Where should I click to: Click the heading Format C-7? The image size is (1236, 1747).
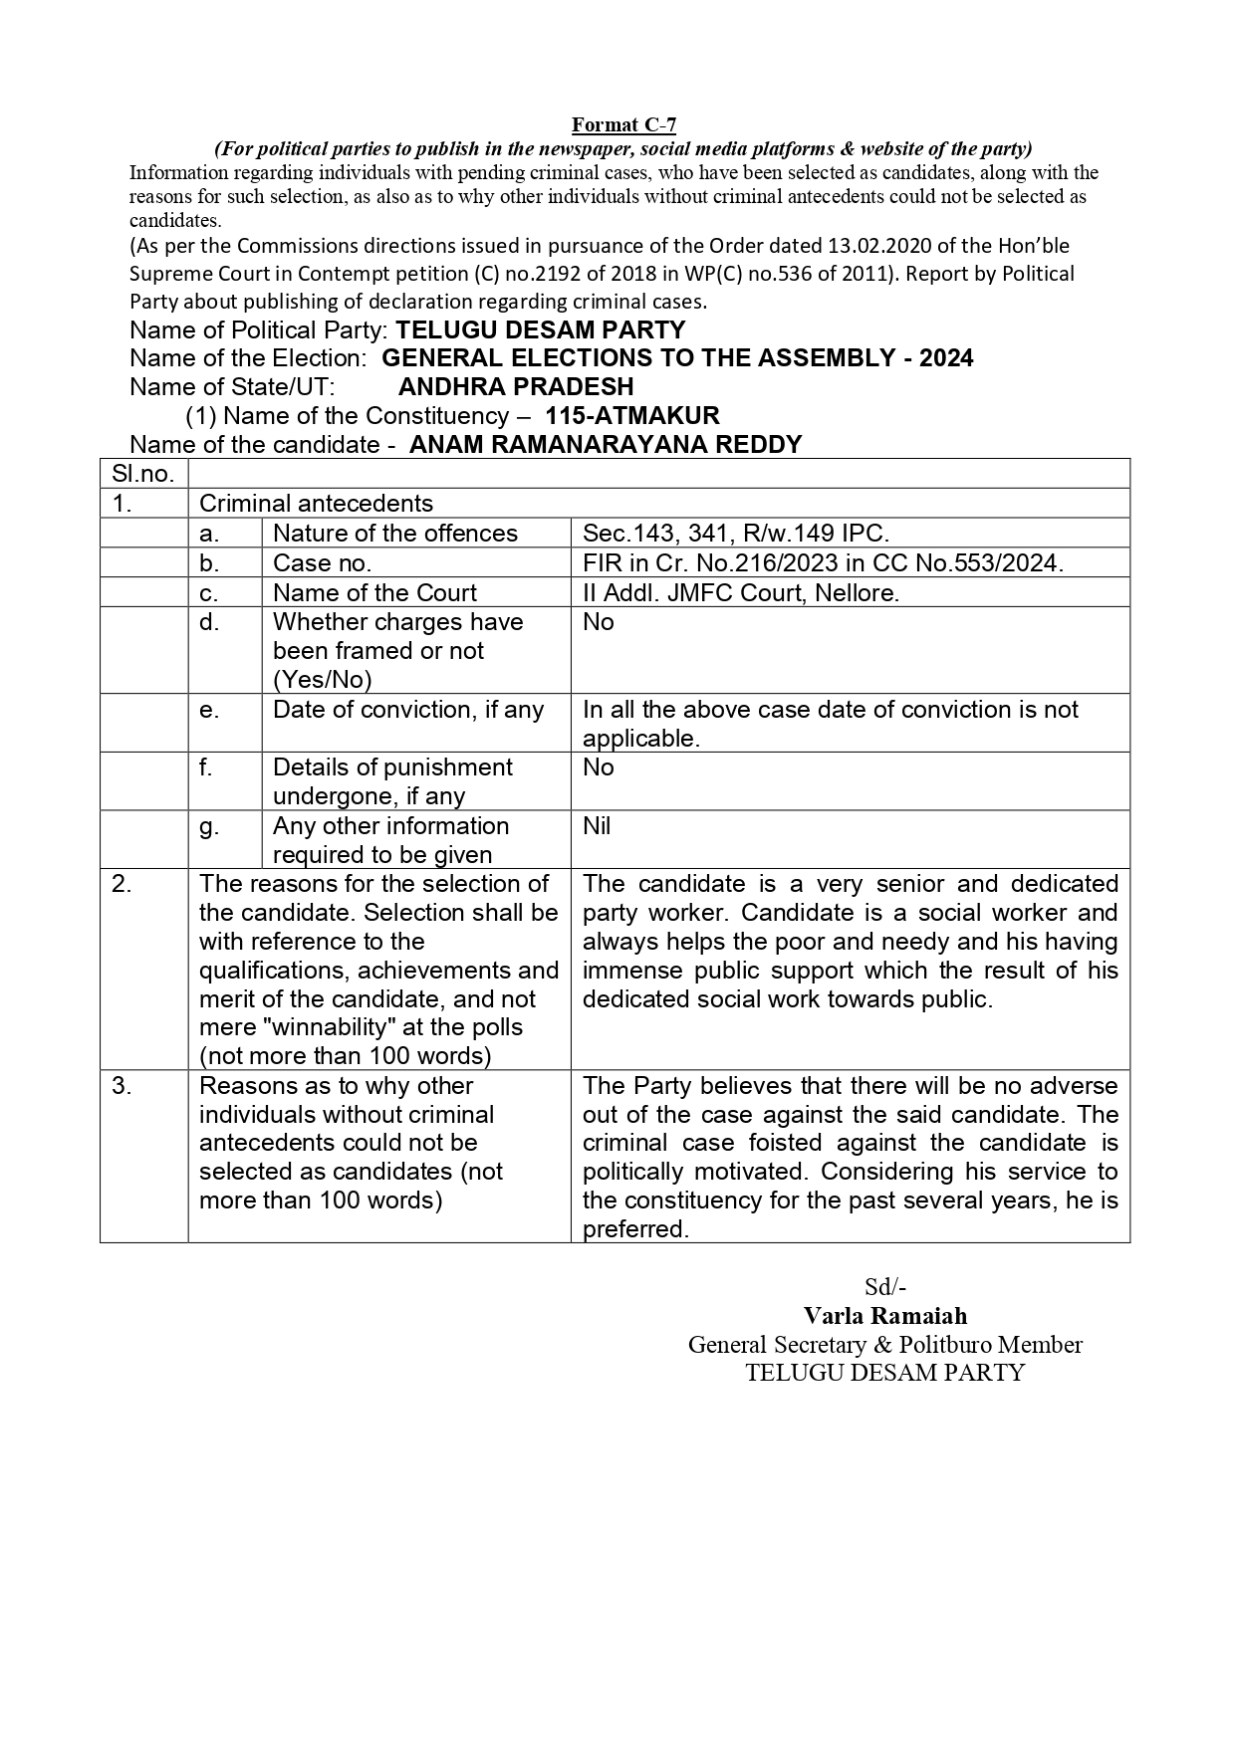click(623, 124)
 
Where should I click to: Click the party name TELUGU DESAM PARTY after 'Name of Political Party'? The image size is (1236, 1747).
click(541, 329)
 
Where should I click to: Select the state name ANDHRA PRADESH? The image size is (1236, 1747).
click(516, 386)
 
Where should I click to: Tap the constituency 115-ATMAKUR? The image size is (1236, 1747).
click(632, 415)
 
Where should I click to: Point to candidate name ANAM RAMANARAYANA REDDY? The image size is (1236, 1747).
click(606, 444)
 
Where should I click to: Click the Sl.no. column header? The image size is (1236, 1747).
click(143, 474)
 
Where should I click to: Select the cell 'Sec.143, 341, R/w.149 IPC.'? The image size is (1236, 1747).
click(736, 534)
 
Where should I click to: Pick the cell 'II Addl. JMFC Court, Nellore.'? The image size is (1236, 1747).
click(741, 592)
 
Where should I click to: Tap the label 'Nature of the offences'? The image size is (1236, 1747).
click(395, 534)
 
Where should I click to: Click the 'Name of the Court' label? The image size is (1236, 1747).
click(374, 592)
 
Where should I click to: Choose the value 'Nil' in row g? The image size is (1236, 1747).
click(597, 825)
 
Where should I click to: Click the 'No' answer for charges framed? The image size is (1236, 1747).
click(599, 622)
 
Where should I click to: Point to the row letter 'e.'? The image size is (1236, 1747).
click(209, 710)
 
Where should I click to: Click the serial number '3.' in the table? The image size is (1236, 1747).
click(122, 1086)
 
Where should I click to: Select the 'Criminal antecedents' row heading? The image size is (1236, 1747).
click(317, 504)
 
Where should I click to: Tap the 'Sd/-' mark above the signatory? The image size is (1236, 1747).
click(884, 1286)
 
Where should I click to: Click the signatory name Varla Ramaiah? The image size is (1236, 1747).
click(884, 1315)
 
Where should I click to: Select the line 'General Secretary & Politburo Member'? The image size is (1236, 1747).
click(884, 1344)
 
